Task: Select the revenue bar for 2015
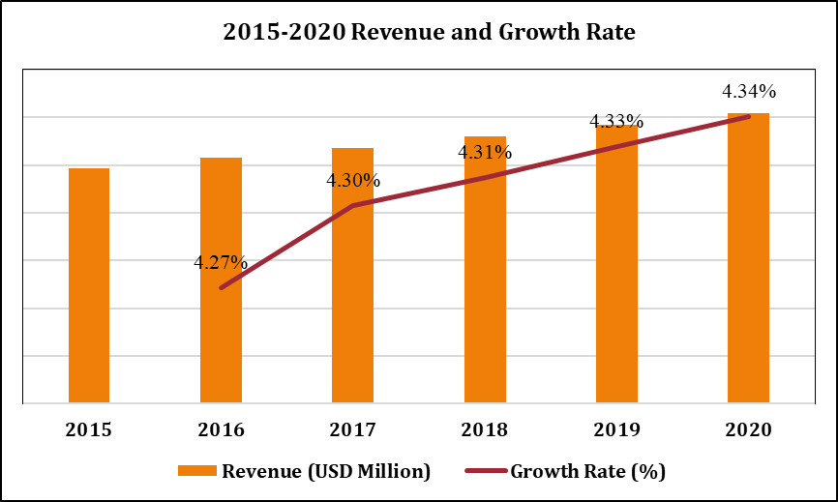[x=89, y=285]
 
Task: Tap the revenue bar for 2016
[x=221, y=281]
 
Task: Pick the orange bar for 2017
[x=352, y=276]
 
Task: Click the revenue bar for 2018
[x=485, y=270]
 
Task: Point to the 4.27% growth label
[x=221, y=262]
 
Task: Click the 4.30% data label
[x=353, y=180]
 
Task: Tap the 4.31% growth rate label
[x=485, y=152]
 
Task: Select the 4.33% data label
[x=616, y=121]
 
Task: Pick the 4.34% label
[x=749, y=92]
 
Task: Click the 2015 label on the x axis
[x=89, y=429]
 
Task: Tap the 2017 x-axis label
[x=352, y=429]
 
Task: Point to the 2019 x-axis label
[x=616, y=429]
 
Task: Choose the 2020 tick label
[x=748, y=429]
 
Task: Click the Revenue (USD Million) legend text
[x=325, y=471]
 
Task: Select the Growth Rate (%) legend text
[x=587, y=471]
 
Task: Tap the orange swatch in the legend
[x=197, y=471]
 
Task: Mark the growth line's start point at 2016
[x=222, y=288]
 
